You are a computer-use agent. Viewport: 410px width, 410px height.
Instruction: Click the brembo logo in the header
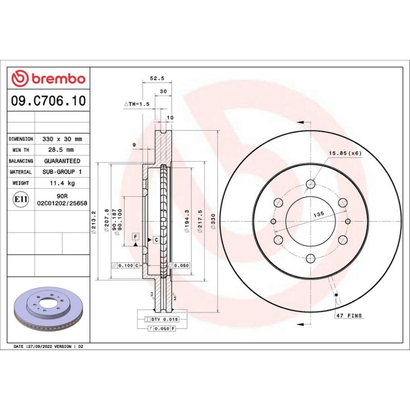point(48,78)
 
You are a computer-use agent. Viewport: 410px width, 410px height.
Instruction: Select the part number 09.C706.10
point(48,100)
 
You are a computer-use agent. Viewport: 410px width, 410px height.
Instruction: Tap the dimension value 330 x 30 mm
point(62,139)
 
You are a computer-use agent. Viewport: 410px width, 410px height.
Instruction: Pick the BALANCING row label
point(21,161)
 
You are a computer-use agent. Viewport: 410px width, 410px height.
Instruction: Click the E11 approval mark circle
point(20,199)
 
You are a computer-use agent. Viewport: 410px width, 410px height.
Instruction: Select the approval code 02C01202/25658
point(62,203)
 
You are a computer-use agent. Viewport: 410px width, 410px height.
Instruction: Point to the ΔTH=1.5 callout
point(136,104)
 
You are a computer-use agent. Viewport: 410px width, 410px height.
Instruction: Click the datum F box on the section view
point(135,236)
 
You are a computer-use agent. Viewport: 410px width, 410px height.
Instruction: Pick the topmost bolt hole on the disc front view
point(311,184)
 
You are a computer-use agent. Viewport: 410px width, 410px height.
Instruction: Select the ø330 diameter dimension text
point(228,221)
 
